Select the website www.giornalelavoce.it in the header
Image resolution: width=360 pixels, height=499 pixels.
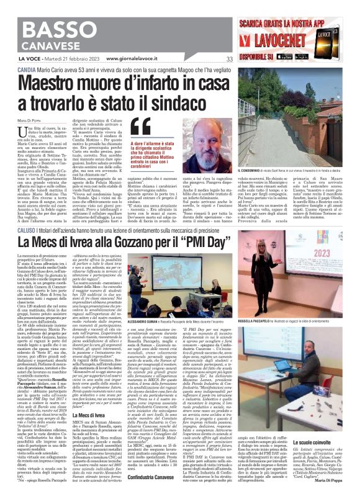pyautogui.click(x=132, y=59)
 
